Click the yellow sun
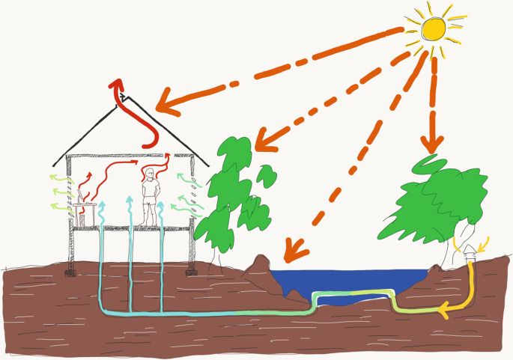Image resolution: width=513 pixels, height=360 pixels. click(x=435, y=29)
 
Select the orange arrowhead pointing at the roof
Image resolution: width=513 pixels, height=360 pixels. click(x=169, y=105)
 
